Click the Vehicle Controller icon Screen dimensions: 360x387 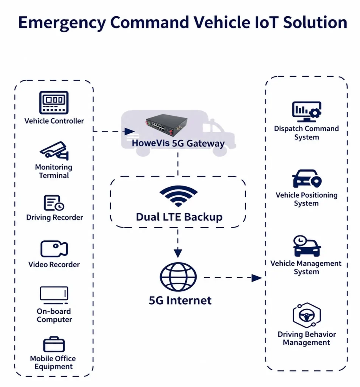point(54,102)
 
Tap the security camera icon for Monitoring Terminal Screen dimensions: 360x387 point(54,150)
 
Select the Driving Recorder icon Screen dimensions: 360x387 point(54,203)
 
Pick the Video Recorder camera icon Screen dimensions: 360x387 point(54,249)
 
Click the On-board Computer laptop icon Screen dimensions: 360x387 point(54,295)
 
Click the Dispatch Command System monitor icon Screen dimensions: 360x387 point(306,111)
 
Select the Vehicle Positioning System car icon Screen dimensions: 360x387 point(307,178)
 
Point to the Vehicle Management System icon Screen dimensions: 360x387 point(307,246)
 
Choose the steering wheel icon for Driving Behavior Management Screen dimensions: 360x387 point(307,315)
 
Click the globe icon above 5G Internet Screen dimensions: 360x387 point(178,277)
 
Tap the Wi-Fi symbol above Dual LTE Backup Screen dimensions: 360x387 point(178,196)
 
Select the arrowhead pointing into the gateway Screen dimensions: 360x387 point(129,131)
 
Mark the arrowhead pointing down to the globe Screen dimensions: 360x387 point(178,253)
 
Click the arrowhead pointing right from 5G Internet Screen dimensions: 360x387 point(256,278)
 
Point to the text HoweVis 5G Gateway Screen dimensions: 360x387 point(178,143)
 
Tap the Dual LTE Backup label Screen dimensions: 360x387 point(179,217)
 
